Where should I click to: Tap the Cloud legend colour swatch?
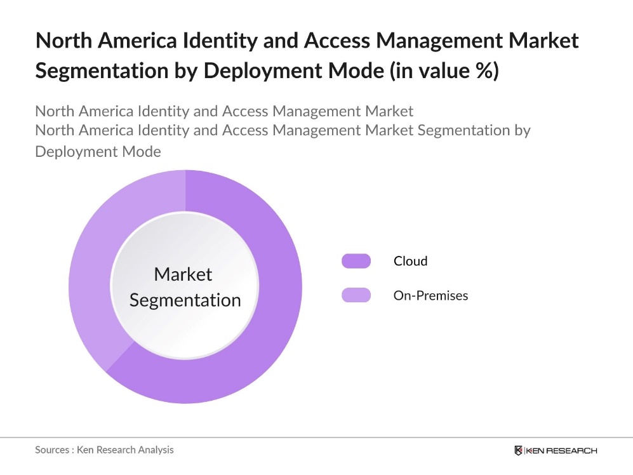pyautogui.click(x=356, y=261)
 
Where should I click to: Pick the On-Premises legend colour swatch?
pyautogui.click(x=356, y=295)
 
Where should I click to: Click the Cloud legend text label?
pyautogui.click(x=410, y=261)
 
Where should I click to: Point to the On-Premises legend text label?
pyautogui.click(x=430, y=295)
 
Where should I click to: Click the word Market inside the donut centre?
pyautogui.click(x=183, y=274)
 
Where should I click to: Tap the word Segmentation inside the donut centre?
pyautogui.click(x=185, y=300)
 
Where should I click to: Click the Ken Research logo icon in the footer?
pyautogui.click(x=519, y=450)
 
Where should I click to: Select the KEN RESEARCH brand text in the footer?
pyautogui.click(x=561, y=450)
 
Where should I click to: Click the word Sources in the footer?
pyautogui.click(x=52, y=450)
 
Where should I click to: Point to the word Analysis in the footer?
pyautogui.click(x=153, y=450)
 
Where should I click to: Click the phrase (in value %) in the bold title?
pyautogui.click(x=444, y=70)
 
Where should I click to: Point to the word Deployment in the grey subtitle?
pyautogui.click(x=78, y=152)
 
